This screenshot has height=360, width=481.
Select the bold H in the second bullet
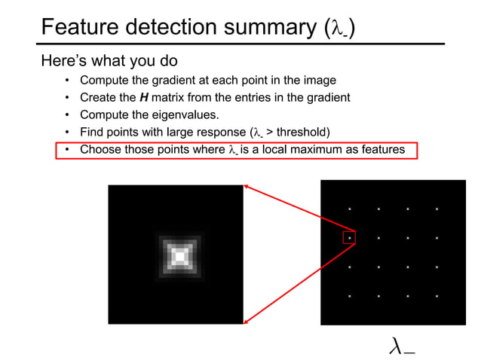point(144,98)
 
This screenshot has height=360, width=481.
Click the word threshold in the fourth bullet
point(302,133)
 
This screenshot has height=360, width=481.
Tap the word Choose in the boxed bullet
point(101,150)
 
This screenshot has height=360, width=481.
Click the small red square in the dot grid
point(348,238)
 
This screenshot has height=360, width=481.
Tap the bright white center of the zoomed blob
point(179,257)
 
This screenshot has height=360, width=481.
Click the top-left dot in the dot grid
point(349,209)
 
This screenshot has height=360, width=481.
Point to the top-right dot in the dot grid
point(436,209)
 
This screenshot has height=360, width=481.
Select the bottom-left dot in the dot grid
point(349,296)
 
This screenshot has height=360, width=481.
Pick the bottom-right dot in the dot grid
point(436,296)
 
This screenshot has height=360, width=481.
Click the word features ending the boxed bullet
point(381,150)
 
